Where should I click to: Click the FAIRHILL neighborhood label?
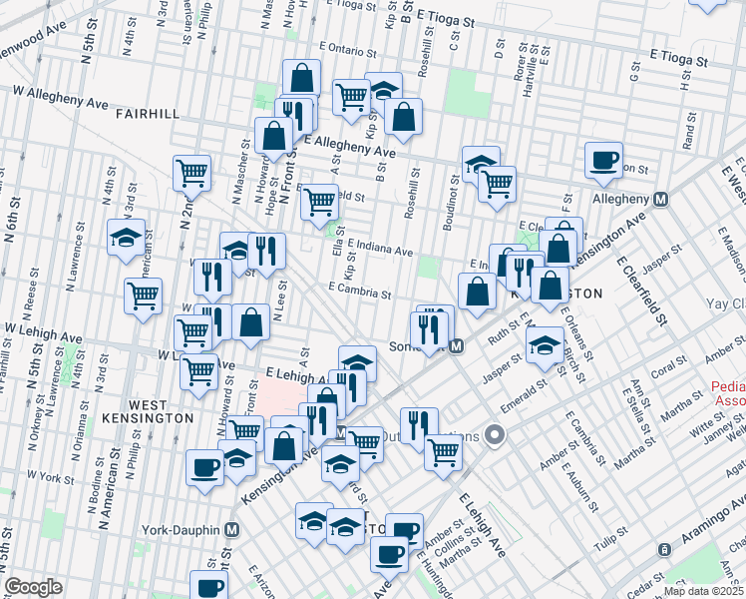pos(147,114)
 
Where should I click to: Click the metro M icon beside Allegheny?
pos(659,199)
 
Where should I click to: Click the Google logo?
pos(33,587)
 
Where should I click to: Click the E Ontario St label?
pos(351,47)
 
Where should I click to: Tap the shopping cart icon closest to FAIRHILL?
pos(191,173)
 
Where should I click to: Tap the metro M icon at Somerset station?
pos(457,346)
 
